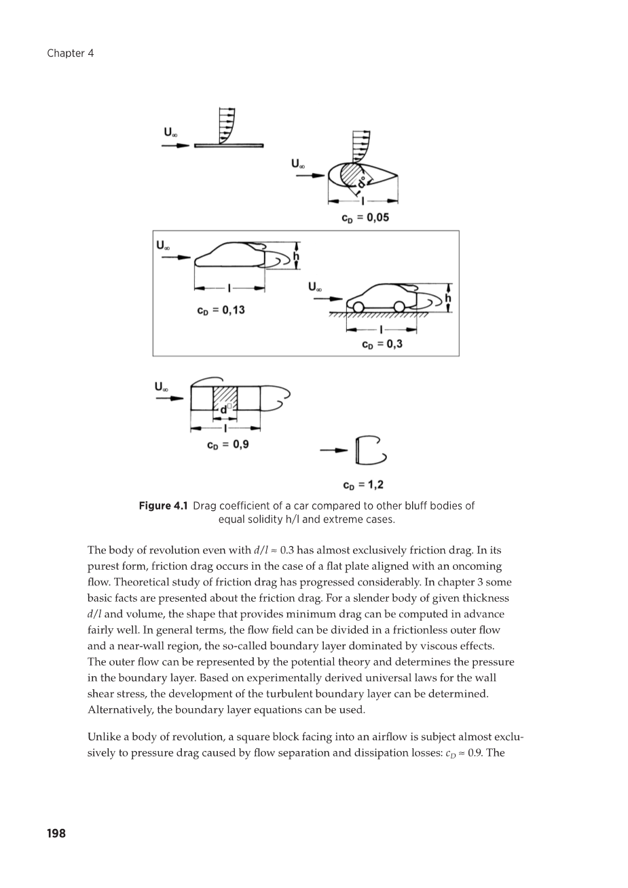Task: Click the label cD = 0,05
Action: (365, 218)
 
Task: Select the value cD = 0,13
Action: (221, 311)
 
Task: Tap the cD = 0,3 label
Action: (382, 344)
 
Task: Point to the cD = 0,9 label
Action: (227, 445)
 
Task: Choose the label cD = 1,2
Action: (363, 485)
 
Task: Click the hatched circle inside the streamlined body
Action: (353, 175)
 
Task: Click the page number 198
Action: (56, 833)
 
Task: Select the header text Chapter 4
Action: (70, 54)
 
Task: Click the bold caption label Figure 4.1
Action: (163, 506)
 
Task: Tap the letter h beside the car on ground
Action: (448, 298)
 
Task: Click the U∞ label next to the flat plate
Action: (171, 133)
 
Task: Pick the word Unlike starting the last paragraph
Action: (104, 737)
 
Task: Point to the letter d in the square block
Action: (223, 409)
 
